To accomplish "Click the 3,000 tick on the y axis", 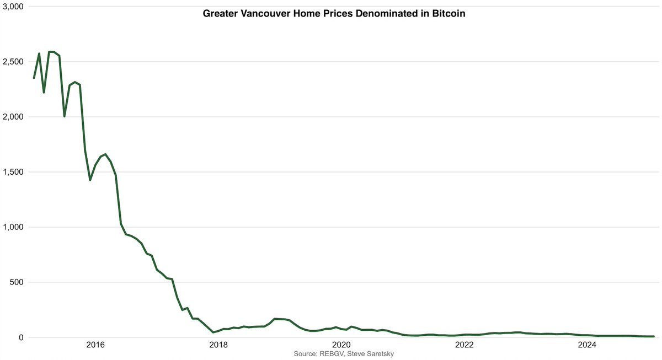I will (x=12, y=7).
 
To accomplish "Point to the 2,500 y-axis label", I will (x=12, y=62).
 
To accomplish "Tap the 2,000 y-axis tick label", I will (x=12, y=117).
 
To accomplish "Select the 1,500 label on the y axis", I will (x=12, y=172).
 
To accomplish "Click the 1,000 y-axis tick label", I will (x=12, y=227).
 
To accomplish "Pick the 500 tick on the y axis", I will (x=15, y=282).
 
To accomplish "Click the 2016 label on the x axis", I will (x=95, y=346).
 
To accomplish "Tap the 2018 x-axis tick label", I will (x=218, y=346).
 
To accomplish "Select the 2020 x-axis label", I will (x=341, y=346).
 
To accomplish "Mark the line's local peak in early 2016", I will (x=105, y=154).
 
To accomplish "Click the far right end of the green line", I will (x=654, y=336).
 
